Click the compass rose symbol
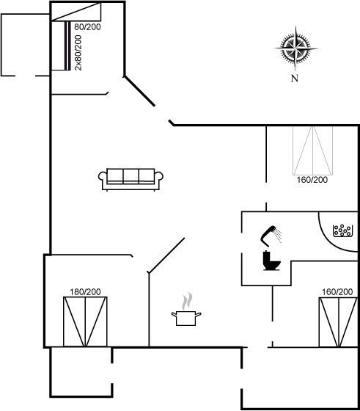296,48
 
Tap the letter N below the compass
295,78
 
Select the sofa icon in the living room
131,180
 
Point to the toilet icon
271,261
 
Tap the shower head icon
271,236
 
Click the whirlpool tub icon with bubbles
342,230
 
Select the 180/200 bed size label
85,292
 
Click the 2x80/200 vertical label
78,53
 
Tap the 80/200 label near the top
87,26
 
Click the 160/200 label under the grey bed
312,180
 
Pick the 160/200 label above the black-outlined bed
337,292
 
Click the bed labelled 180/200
85,321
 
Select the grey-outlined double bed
312,150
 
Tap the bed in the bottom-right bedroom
338,322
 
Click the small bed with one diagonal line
76,12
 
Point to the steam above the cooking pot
187,301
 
